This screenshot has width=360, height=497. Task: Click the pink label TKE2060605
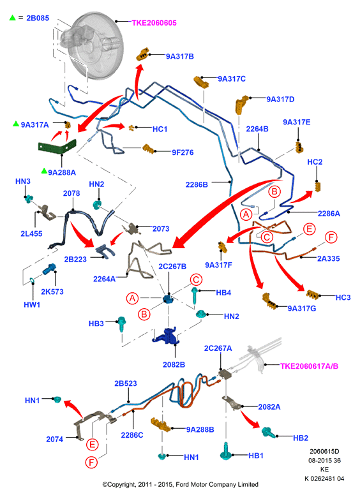[154, 23]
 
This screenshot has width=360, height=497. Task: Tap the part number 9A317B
[180, 56]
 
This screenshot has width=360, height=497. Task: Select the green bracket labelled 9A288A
[57, 147]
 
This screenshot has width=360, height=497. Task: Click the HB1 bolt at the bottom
[226, 451]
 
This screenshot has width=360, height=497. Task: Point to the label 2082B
[174, 365]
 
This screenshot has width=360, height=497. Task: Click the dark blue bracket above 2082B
[165, 336]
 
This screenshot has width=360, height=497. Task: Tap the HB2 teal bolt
[268, 432]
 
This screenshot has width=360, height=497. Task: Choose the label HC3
[343, 297]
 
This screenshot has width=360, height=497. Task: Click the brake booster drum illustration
[95, 46]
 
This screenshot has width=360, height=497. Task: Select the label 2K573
[52, 292]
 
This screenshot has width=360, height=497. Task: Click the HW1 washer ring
[32, 280]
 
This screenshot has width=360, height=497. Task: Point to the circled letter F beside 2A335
[331, 237]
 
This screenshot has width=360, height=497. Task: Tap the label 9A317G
[302, 308]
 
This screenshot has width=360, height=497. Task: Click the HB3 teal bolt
[122, 323]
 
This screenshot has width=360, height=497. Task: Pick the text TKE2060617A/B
[309, 366]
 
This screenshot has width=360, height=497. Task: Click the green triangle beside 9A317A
[16, 124]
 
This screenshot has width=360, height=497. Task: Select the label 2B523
[126, 383]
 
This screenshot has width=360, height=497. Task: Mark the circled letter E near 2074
[92, 445]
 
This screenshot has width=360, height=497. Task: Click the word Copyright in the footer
[121, 484]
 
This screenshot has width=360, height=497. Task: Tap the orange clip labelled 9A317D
[242, 104]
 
